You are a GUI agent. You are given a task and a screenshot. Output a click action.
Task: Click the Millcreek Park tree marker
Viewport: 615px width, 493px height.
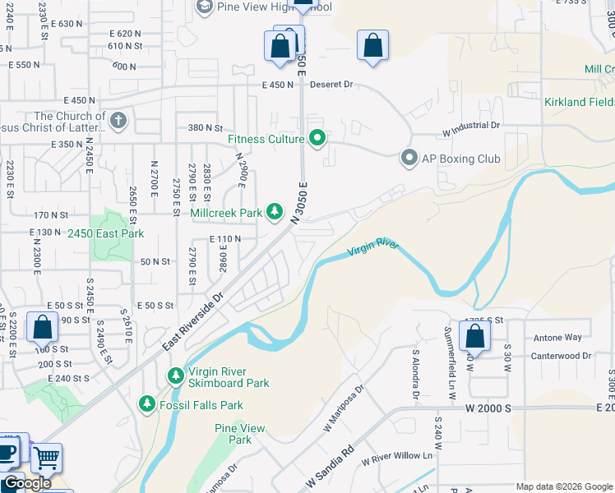(275, 213)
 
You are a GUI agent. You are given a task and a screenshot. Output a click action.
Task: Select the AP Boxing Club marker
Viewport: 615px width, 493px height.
(409, 159)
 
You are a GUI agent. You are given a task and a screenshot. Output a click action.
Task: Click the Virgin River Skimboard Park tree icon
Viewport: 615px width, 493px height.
(175, 376)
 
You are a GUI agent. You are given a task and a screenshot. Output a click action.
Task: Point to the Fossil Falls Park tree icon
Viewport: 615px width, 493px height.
(147, 404)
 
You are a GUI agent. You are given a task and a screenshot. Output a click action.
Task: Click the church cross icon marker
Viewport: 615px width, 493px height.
(118, 121)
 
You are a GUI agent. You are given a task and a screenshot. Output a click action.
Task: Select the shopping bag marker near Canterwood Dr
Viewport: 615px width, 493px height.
(474, 335)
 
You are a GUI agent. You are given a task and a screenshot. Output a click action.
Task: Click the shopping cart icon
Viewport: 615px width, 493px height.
(46, 457)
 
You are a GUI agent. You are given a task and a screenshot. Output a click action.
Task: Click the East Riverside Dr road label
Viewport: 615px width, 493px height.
(193, 321)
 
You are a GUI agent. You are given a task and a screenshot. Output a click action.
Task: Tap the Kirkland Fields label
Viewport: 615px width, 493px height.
(579, 102)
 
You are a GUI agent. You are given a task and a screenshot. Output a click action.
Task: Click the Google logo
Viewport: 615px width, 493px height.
(26, 483)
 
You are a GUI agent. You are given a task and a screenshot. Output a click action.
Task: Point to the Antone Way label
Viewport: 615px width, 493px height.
(557, 338)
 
